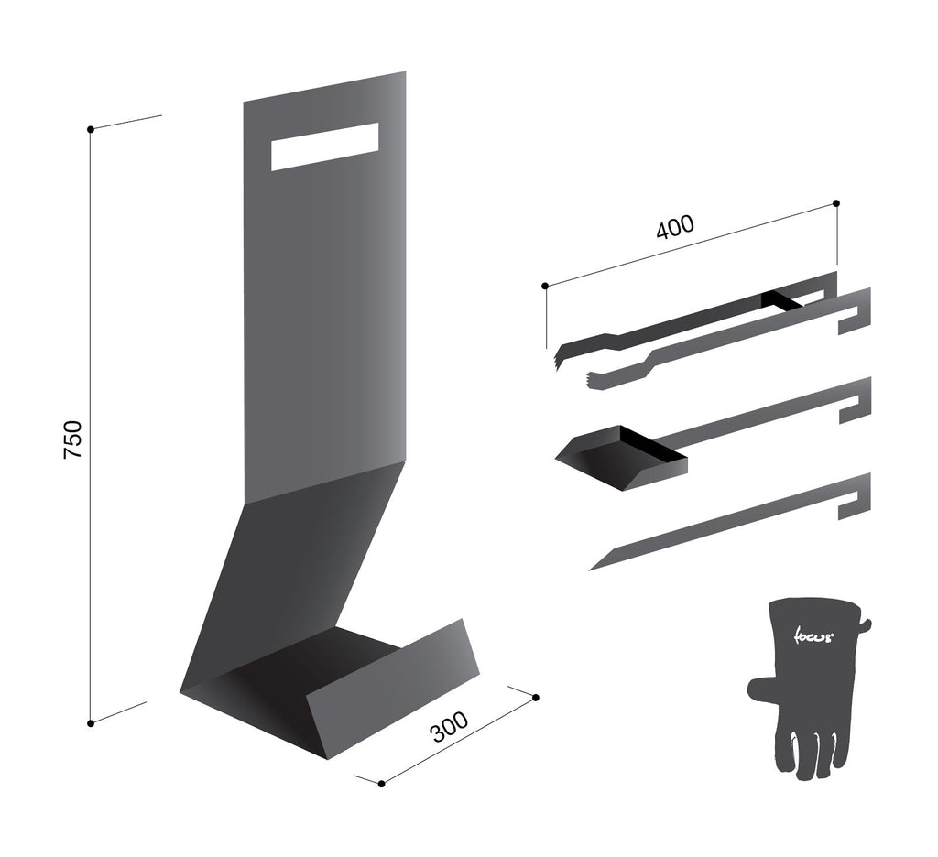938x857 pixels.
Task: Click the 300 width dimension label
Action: tap(450, 726)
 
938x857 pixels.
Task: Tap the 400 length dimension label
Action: tap(675, 226)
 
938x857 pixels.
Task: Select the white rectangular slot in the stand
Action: tap(325, 146)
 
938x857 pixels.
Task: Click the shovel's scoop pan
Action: tap(622, 459)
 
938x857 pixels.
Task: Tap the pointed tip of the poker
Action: tap(590, 570)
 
